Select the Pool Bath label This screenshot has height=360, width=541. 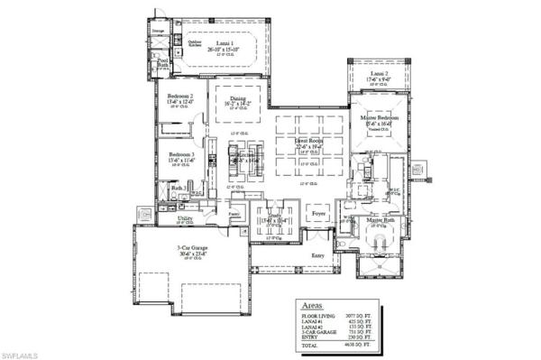163,64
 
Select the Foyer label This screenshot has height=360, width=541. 318,215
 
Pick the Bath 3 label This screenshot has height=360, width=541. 179,188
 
